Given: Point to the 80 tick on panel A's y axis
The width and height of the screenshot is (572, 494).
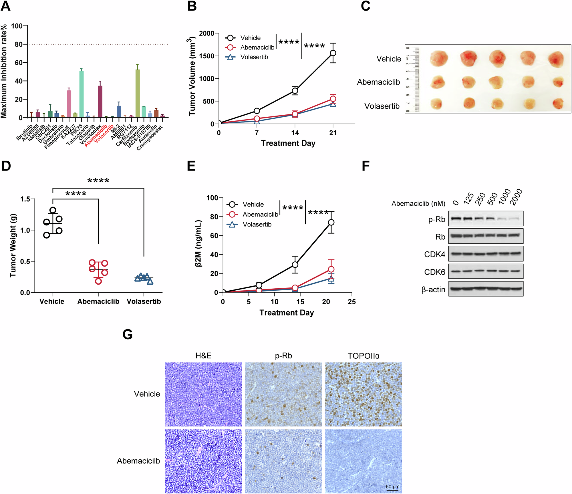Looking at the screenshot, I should [x=19, y=44].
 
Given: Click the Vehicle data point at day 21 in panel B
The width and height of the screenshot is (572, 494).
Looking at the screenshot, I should [x=333, y=53].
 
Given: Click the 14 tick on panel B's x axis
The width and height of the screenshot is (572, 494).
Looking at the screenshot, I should [x=295, y=133].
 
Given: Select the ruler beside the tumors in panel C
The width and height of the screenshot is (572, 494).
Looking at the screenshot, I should [x=413, y=79].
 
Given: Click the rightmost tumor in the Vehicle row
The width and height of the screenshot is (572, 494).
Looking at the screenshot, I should [x=556, y=59].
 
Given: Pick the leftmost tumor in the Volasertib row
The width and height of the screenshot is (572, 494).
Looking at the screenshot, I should [x=436, y=104].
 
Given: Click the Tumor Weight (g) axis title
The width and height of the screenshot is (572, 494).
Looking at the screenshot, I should [x=13, y=245].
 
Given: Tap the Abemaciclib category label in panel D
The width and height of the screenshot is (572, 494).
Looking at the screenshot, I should [x=98, y=301].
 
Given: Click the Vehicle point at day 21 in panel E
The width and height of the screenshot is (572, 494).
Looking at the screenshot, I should [x=331, y=222].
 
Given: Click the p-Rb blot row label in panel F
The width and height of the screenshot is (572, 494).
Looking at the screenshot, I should [x=436, y=219].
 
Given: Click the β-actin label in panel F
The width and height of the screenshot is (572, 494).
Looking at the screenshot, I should [x=433, y=289].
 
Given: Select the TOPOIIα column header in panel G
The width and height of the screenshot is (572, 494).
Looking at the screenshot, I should [x=363, y=356].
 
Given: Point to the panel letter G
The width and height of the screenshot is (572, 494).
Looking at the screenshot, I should [x=128, y=334].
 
